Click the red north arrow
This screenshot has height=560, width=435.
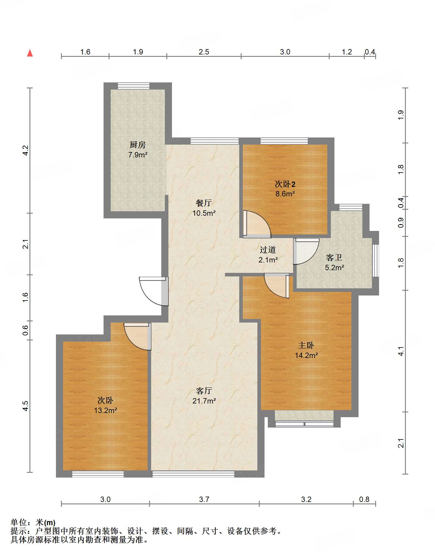[30, 53]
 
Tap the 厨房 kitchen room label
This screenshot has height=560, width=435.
[138, 145]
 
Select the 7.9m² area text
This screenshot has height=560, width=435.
[138, 155]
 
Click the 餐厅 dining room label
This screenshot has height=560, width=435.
[204, 203]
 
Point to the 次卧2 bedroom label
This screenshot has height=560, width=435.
[285, 184]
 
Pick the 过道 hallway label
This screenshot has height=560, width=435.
[268, 250]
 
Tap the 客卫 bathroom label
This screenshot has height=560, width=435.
[334, 257]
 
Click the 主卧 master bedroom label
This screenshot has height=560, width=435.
[306, 345]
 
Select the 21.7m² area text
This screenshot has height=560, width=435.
[204, 401]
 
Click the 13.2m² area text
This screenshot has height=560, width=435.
[106, 410]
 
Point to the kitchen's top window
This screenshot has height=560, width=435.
[134, 86]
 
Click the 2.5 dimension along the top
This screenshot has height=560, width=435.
[204, 52]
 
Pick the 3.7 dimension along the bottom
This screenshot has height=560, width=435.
[204, 499]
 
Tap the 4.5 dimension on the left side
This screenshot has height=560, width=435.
[26, 406]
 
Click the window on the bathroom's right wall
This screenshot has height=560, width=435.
[376, 261]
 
